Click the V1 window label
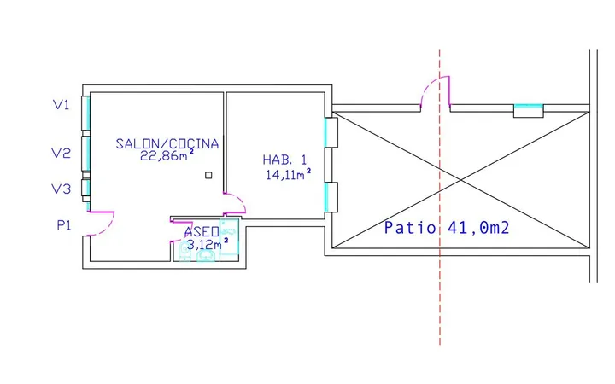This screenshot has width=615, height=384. click(x=61, y=105)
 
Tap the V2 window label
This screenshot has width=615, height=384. click(x=61, y=153)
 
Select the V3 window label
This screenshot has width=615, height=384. click(x=61, y=189)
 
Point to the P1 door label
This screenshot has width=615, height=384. click(x=64, y=225)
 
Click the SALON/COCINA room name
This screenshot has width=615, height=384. click(x=167, y=144)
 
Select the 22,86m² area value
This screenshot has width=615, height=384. click(x=167, y=155)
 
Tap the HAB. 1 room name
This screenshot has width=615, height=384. click(x=284, y=160)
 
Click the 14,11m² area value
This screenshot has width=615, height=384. click(x=289, y=174)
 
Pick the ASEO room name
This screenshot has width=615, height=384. click(x=202, y=232)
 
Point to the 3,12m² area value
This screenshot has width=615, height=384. click(x=207, y=245)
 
